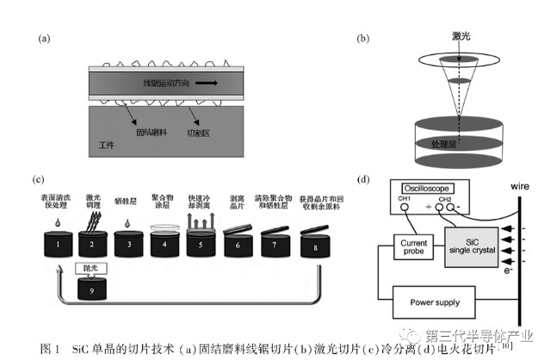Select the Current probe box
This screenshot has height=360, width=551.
(x=415, y=247)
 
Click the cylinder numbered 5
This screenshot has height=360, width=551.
(x=201, y=245)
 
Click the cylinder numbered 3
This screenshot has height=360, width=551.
(x=127, y=245)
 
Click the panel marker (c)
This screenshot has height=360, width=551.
(x=38, y=180)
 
